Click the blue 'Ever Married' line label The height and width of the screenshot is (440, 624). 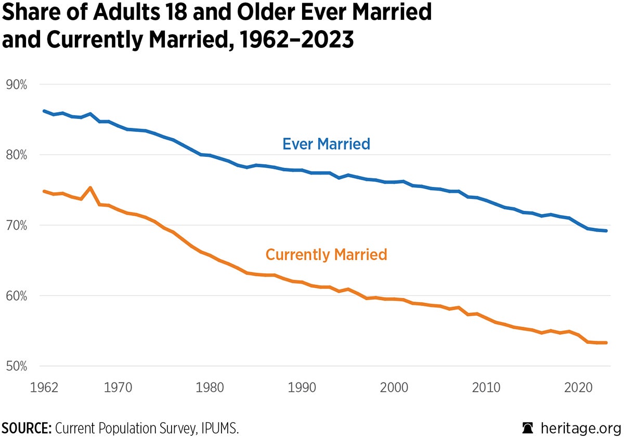tap(326, 144)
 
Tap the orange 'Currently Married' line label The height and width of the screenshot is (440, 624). tap(326, 255)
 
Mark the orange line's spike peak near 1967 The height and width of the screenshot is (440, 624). tap(90, 188)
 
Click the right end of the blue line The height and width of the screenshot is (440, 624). tap(606, 231)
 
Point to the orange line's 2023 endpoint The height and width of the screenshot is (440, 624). tap(606, 342)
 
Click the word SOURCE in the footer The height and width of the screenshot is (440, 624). tap(26, 429)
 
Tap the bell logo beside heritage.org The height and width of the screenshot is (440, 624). tap(528, 429)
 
